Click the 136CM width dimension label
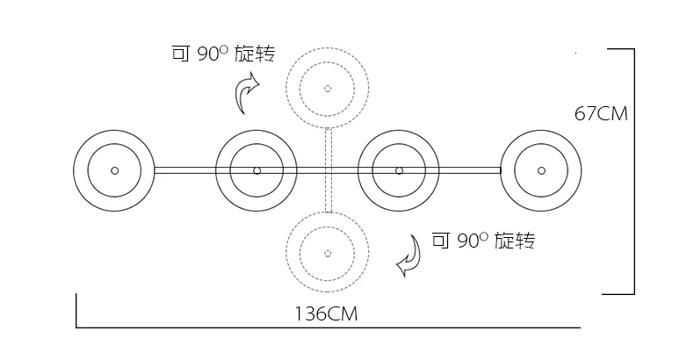[x=326, y=313]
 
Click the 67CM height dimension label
[x=602, y=114]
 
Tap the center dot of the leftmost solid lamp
[x=114, y=170]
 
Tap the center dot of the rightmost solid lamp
[x=541, y=170]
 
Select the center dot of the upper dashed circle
[x=328, y=88]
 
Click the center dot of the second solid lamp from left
[x=257, y=170]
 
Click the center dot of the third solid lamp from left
[x=399, y=170]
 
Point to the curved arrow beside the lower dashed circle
[x=408, y=255]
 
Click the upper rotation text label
[x=223, y=54]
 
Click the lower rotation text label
[x=484, y=239]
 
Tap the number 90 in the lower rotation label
[x=466, y=240]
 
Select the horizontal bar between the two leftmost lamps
[x=185, y=170]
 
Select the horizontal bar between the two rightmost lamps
[x=470, y=170]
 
